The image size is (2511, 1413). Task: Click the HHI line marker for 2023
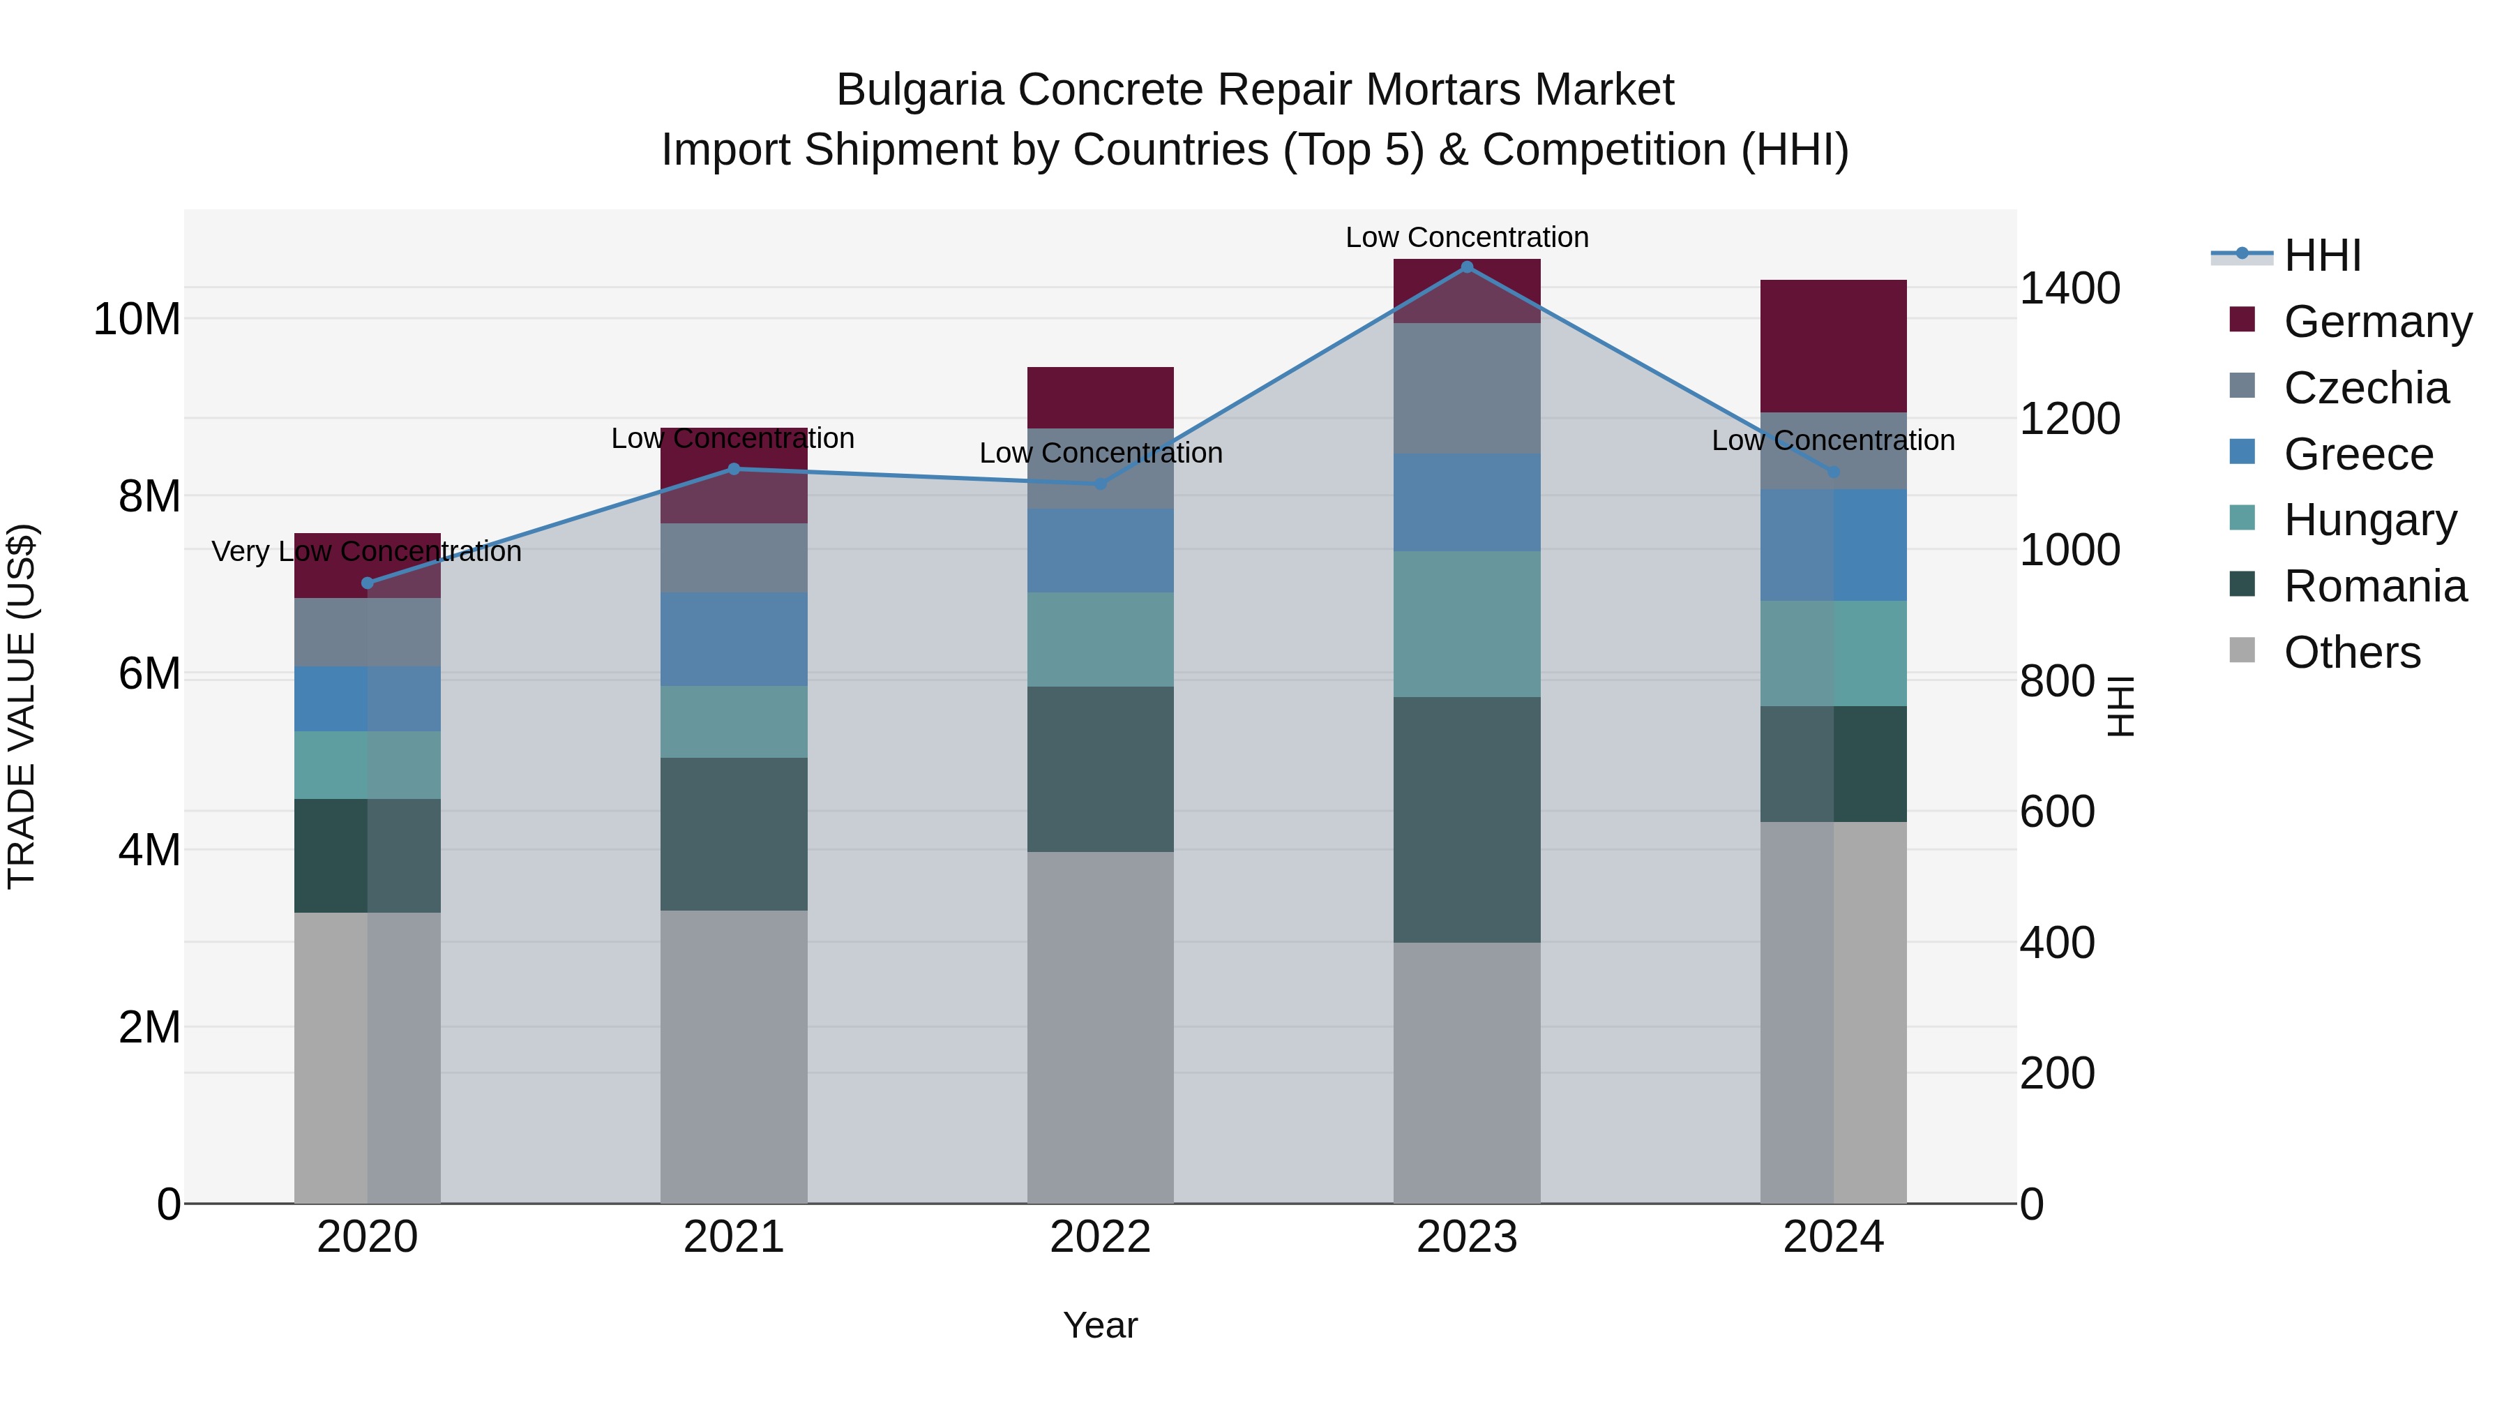pyautogui.click(x=1467, y=267)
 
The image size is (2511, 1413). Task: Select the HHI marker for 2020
pyautogui.click(x=368, y=583)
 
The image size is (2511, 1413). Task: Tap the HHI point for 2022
pyautogui.click(x=1101, y=484)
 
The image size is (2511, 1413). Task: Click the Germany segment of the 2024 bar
pyautogui.click(x=1832, y=346)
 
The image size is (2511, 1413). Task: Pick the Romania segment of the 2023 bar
pyautogui.click(x=1467, y=819)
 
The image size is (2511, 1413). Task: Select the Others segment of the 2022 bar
pyautogui.click(x=1101, y=1027)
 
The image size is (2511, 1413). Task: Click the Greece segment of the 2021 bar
pyautogui.click(x=734, y=638)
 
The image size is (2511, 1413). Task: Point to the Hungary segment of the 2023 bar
pyautogui.click(x=1467, y=624)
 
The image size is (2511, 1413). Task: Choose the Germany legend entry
pyautogui.click(x=2376, y=322)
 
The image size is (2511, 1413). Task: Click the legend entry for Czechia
pyautogui.click(x=2364, y=388)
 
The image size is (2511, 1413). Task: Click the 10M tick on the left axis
pyautogui.click(x=137, y=320)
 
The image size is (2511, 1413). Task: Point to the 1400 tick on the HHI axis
pyautogui.click(x=2069, y=289)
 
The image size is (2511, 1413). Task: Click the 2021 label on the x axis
pyautogui.click(x=734, y=1237)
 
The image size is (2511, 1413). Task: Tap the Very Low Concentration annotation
pyautogui.click(x=366, y=552)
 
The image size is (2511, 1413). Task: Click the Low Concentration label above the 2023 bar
pyautogui.click(x=1467, y=237)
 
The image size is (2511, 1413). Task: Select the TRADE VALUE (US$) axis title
pyautogui.click(x=22, y=706)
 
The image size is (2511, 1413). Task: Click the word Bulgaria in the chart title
pyautogui.click(x=919, y=91)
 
